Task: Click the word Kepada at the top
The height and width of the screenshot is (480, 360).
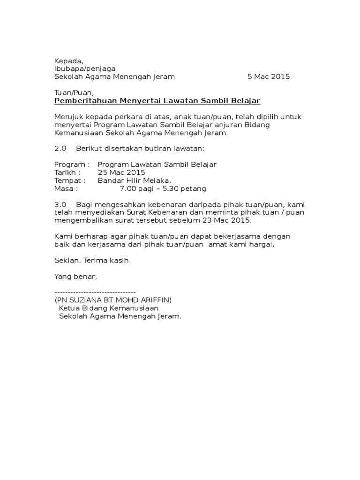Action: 68,60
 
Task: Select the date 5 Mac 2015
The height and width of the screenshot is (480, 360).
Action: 269,76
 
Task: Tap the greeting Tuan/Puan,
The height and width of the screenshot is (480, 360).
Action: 70,93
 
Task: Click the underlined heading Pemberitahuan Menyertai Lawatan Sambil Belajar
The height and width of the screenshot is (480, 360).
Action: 157,101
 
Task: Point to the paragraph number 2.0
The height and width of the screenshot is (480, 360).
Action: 61,149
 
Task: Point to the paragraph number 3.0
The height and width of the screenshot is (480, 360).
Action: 61,204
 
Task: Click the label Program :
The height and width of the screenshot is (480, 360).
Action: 72,165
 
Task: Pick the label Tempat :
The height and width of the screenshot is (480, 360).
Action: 70,180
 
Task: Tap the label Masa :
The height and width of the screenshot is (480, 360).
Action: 66,188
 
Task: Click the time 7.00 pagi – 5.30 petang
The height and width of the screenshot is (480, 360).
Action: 163,188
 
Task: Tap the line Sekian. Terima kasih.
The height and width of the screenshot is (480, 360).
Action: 93,260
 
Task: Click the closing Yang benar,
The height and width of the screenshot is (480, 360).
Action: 75,276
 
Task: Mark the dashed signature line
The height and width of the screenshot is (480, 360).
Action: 95,292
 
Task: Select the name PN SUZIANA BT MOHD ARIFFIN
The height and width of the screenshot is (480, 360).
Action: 113,300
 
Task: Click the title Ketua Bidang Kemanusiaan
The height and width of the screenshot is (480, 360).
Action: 109,308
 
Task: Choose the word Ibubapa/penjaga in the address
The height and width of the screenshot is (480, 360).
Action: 85,68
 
